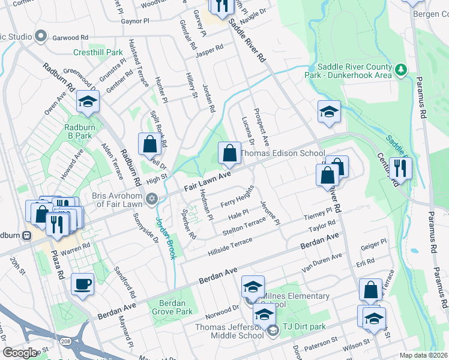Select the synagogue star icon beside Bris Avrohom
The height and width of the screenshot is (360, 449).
[x=152, y=199]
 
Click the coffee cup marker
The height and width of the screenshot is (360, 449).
[x=82, y=284]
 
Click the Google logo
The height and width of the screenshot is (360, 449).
[x=19, y=353]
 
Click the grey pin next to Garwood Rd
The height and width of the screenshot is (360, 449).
[x=41, y=37]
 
